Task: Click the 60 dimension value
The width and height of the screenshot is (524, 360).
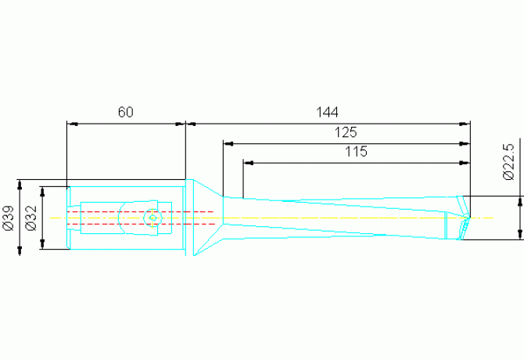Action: tap(126, 112)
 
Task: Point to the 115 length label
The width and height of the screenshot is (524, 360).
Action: tap(356, 152)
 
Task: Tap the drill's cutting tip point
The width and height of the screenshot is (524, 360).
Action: tap(472, 217)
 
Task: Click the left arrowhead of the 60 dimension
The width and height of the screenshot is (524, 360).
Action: tap(71, 123)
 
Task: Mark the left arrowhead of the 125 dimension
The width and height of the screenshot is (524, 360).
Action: tap(227, 143)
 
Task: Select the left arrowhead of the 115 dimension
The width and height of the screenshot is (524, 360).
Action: tap(247, 163)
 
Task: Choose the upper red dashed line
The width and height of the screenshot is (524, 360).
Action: tap(141, 211)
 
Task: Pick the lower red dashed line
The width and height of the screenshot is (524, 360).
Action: tap(141, 224)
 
